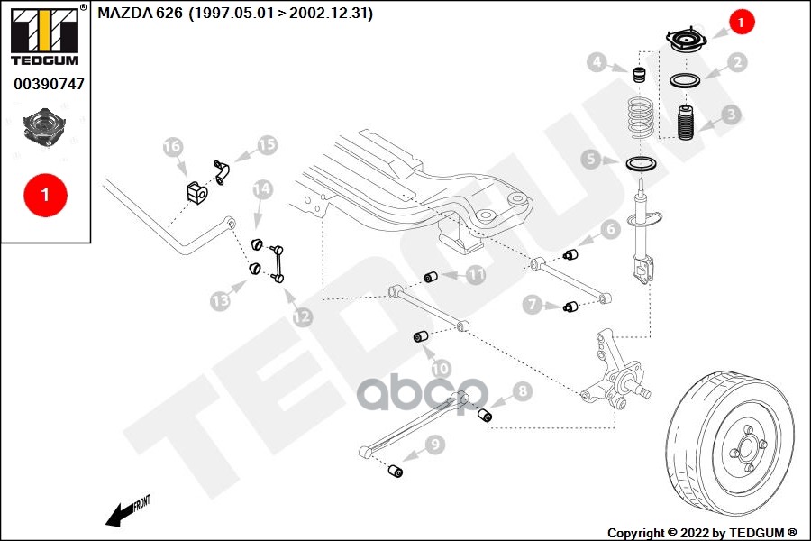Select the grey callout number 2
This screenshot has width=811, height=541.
tap(737, 62)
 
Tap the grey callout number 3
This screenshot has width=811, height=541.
tap(731, 115)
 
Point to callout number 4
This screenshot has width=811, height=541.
tap(596, 62)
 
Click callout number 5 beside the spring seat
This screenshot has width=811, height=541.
tap(591, 160)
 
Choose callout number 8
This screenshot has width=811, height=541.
tap(523, 391)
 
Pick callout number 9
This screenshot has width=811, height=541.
tap(435, 444)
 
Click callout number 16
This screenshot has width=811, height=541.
tap(172, 146)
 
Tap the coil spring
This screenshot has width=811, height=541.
tap(639, 115)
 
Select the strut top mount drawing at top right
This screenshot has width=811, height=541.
tap(686, 41)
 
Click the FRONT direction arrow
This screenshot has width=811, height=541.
tap(127, 511)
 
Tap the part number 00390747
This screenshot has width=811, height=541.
tap(49, 84)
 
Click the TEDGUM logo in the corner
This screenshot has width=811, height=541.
tap(44, 35)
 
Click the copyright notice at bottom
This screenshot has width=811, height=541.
tap(703, 532)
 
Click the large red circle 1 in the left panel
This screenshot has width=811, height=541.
tap(45, 194)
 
